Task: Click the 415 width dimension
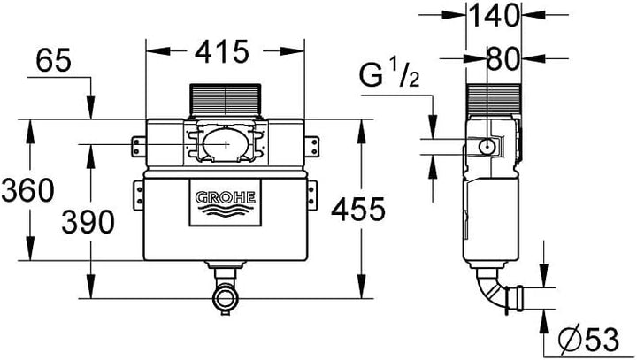(221, 51)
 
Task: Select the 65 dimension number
(53, 60)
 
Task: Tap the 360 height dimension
(27, 190)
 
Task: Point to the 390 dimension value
(88, 222)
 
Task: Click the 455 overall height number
(358, 210)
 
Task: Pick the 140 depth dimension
(494, 15)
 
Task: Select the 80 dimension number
(503, 59)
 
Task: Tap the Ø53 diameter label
(588, 340)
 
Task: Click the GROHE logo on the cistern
(226, 203)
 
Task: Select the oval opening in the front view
(222, 144)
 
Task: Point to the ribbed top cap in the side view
(494, 100)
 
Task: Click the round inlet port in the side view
(487, 146)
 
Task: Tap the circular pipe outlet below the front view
(225, 298)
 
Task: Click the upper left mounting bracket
(139, 146)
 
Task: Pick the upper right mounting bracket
(311, 146)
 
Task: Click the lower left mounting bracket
(139, 195)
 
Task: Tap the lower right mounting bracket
(311, 195)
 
